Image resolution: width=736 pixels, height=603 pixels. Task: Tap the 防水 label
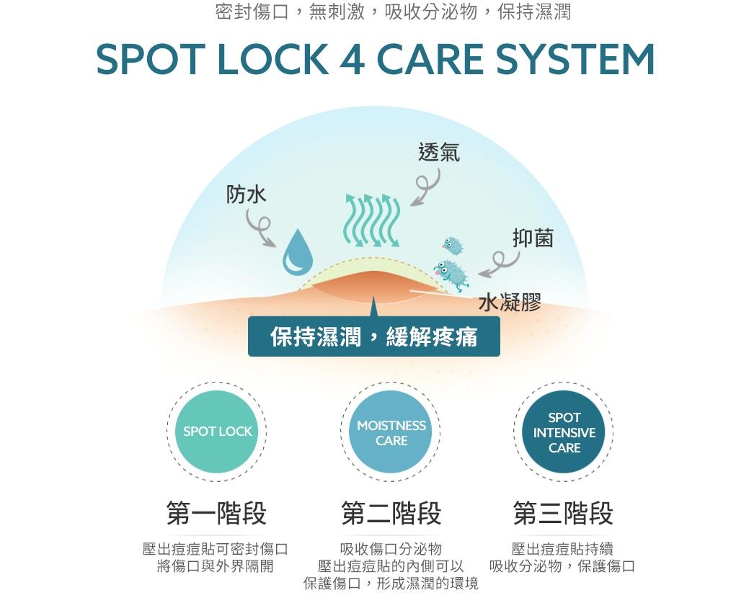[x=247, y=194]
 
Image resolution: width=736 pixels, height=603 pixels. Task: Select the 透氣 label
[x=438, y=152]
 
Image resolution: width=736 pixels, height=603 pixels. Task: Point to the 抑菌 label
[x=533, y=238]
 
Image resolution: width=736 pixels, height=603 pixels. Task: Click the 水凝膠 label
[x=510, y=303]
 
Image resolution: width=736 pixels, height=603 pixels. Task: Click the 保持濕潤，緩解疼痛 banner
[x=373, y=336]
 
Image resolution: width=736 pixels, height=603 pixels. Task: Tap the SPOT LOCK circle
[x=217, y=432]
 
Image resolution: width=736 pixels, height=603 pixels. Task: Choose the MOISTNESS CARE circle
[x=391, y=432]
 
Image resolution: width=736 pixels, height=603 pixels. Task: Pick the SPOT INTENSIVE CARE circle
[x=564, y=432]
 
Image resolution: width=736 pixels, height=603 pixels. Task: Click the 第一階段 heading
[x=216, y=514]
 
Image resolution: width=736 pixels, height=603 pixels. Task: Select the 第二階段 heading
[x=391, y=514]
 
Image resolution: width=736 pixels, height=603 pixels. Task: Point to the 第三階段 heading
[x=563, y=514]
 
